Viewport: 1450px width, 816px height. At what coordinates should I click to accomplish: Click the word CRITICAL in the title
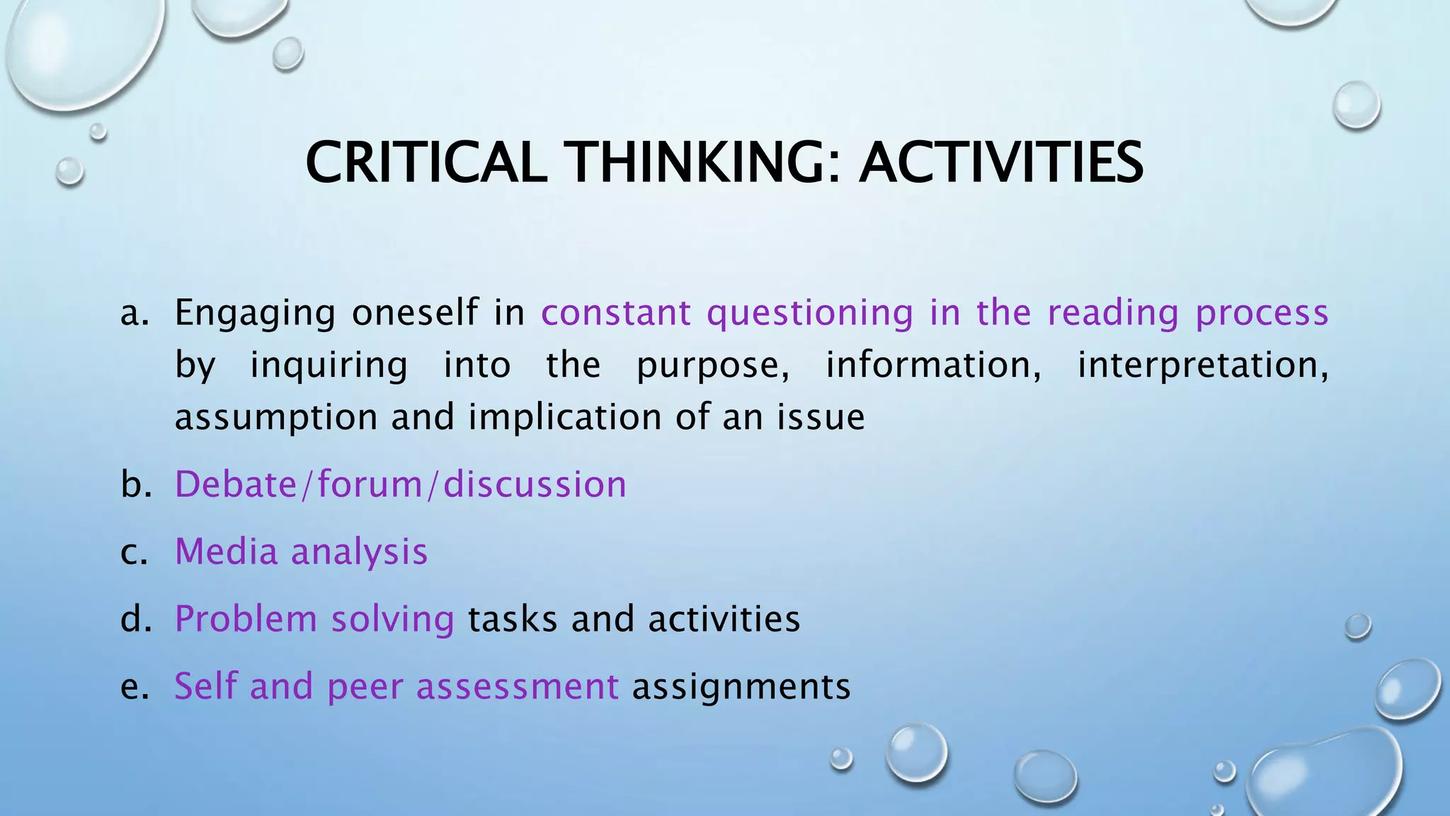click(426, 162)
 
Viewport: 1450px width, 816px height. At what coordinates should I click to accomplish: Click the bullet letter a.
click(135, 313)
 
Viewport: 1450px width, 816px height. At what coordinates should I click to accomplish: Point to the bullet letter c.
click(135, 552)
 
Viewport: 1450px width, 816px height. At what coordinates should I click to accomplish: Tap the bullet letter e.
click(135, 687)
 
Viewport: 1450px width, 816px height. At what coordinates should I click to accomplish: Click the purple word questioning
click(810, 313)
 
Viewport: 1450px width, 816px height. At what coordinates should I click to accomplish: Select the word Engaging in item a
click(255, 313)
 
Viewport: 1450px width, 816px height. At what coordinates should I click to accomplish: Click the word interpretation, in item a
click(1202, 365)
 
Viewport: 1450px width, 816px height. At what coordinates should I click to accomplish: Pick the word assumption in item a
click(275, 418)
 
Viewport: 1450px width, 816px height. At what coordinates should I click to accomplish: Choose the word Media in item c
click(226, 552)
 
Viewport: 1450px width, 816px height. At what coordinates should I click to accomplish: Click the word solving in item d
click(392, 620)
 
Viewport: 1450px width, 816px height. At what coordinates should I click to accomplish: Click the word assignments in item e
click(741, 687)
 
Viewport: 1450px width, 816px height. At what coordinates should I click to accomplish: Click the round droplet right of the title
click(1356, 105)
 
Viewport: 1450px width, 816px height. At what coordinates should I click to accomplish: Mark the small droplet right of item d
click(1357, 626)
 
